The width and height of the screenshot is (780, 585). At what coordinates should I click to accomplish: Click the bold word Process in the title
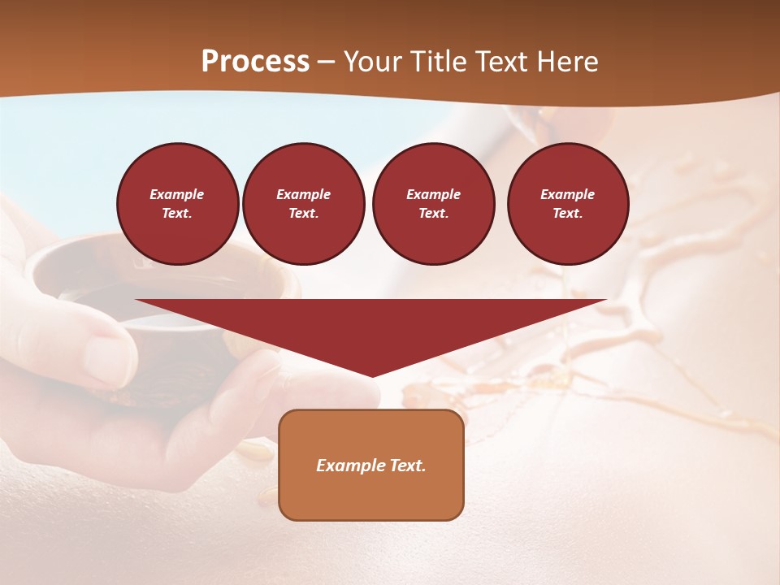pos(255,62)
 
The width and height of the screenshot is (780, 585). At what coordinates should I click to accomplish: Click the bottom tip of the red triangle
pos(372,375)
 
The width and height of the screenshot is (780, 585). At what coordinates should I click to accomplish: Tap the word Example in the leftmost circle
pos(177,194)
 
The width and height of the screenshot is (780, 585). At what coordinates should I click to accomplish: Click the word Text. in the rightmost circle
pos(567,213)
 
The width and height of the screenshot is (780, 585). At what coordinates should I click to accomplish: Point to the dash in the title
pos(326,62)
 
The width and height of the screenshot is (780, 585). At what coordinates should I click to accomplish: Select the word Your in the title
pos(370,62)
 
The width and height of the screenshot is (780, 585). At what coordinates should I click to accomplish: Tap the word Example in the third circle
pos(433,194)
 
